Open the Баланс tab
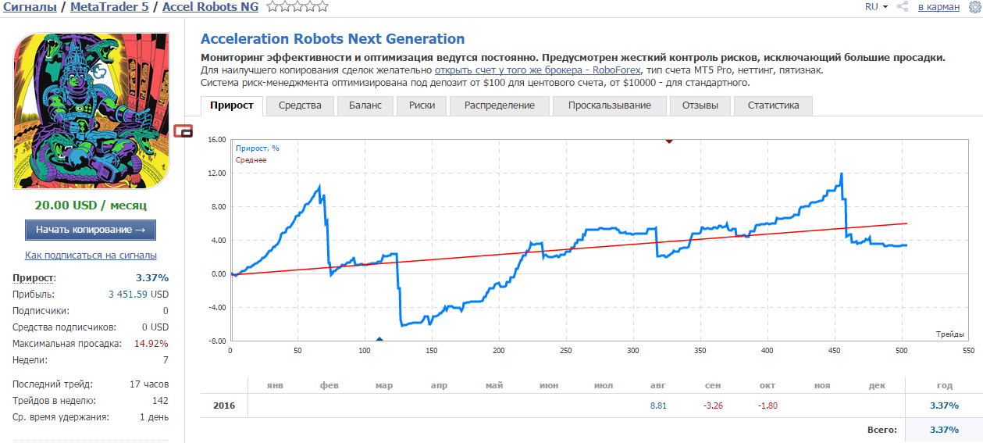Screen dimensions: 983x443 365,105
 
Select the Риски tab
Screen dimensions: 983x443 422,105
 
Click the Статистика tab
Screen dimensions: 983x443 773,105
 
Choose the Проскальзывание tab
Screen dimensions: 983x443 610,105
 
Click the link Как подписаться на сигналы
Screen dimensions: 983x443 91,255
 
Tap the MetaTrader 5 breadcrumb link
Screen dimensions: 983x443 109,7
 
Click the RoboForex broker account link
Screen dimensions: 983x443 538,70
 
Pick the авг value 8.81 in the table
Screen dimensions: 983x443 658,405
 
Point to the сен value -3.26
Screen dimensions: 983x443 713,405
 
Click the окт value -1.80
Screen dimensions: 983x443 768,405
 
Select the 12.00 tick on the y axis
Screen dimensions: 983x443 217,173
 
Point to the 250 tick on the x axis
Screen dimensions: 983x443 565,351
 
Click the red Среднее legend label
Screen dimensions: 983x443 251,160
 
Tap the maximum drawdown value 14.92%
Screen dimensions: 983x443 151,344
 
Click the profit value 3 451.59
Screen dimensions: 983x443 129,295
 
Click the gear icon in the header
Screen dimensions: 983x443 975,7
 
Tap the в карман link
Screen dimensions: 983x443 938,8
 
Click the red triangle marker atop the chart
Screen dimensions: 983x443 669,141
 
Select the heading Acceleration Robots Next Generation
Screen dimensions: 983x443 333,38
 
